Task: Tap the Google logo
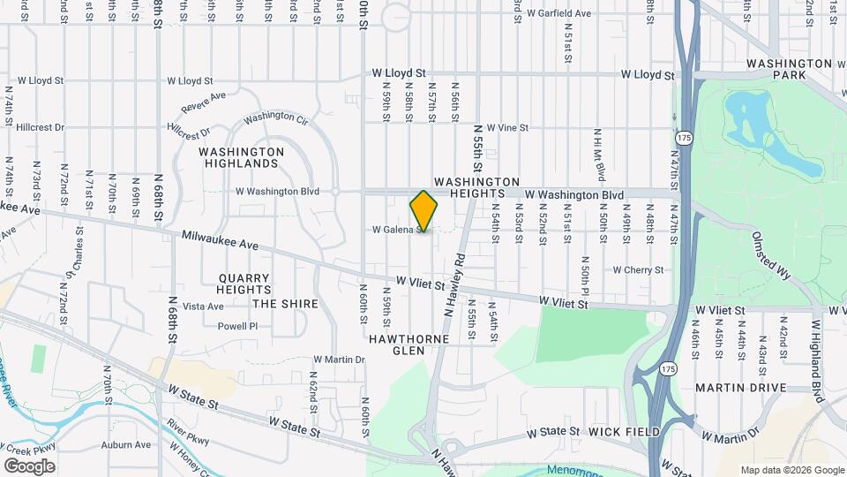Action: coord(29,466)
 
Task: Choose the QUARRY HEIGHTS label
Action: coord(244,284)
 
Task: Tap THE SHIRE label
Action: coord(285,304)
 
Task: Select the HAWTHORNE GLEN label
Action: coord(409,344)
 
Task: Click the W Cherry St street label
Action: coord(638,269)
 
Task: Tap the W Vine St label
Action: coord(506,128)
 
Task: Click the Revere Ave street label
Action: coord(204,102)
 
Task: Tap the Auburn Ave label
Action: coord(125,445)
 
